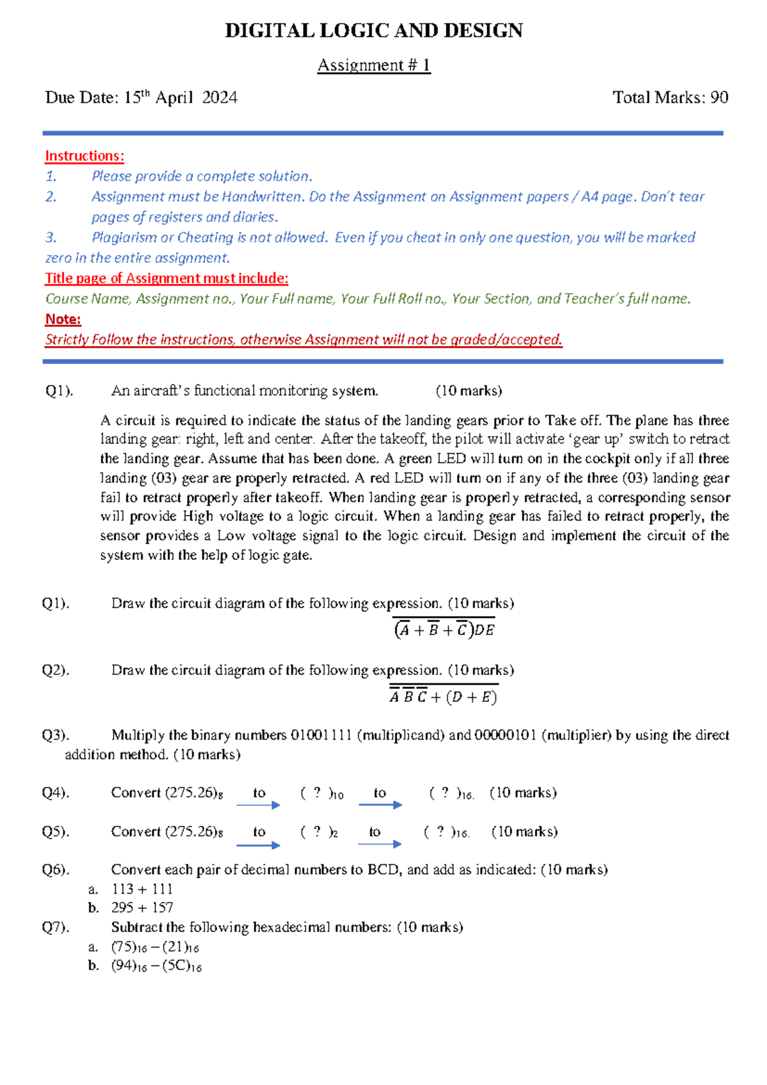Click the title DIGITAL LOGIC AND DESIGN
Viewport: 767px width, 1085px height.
[x=374, y=31]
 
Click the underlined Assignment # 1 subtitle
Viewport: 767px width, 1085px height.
[x=374, y=65]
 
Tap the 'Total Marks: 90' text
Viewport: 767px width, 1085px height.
[x=670, y=97]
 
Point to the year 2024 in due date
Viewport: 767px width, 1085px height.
[x=219, y=97]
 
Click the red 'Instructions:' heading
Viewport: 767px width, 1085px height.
[x=84, y=156]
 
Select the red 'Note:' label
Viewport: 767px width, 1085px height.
[x=63, y=319]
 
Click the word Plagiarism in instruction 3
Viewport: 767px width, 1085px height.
[x=124, y=237]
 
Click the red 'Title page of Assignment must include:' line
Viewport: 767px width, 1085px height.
[x=166, y=278]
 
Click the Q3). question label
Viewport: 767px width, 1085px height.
[x=56, y=735]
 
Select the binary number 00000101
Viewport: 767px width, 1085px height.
[x=505, y=735]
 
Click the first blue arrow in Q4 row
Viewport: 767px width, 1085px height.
[x=258, y=805]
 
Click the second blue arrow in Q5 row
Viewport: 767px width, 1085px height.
[x=380, y=844]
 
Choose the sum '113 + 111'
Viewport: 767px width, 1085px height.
[x=142, y=889]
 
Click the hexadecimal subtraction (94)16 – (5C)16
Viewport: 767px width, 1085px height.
[x=156, y=966]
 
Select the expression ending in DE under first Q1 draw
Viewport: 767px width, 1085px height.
[x=444, y=630]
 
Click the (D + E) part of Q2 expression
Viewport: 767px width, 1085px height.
[x=471, y=697]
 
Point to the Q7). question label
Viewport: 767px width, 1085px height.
[x=56, y=927]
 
